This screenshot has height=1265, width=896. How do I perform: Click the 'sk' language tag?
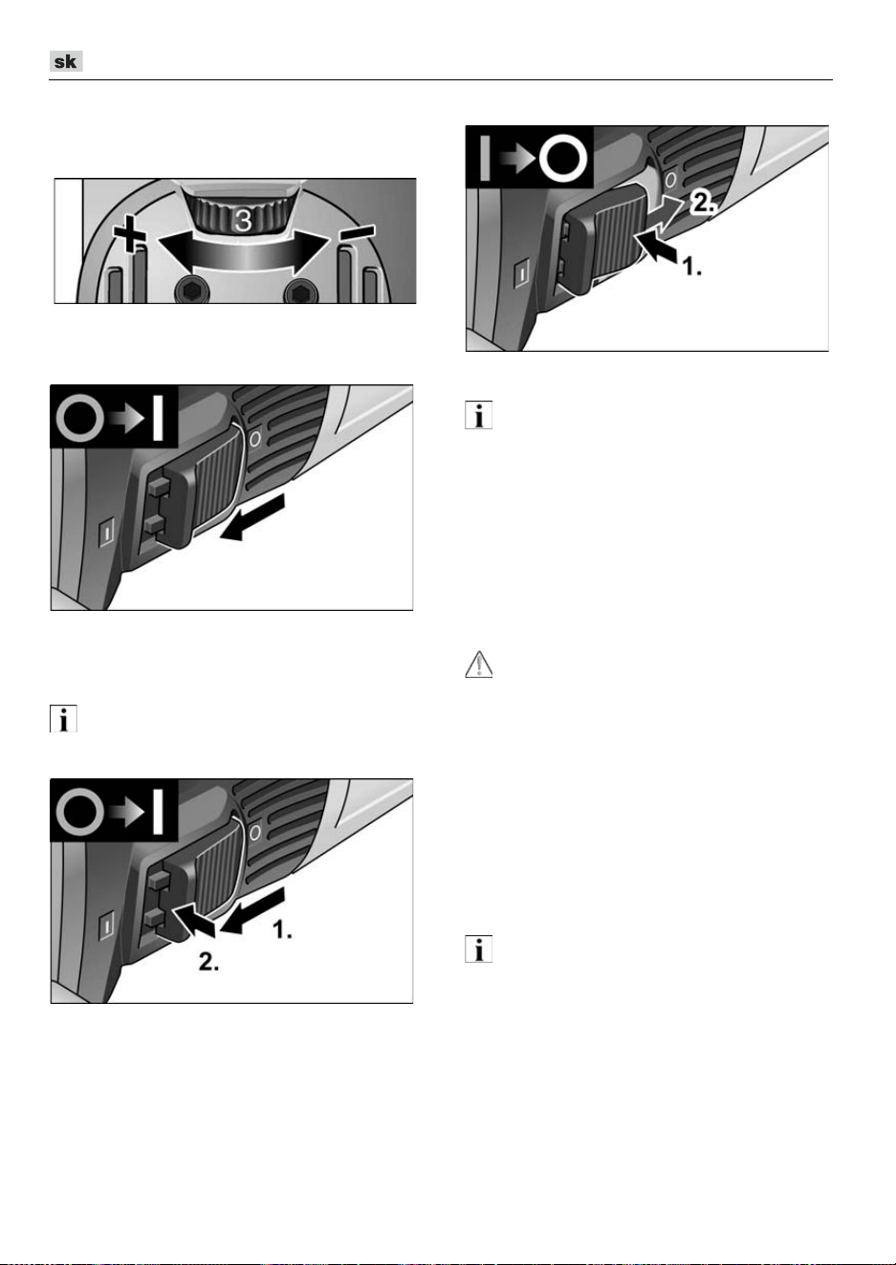point(66,61)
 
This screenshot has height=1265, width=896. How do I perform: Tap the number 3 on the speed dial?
point(243,220)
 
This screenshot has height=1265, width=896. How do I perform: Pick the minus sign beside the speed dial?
point(357,232)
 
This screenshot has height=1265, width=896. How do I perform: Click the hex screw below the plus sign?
point(192,292)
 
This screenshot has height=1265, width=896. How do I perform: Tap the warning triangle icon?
point(478,665)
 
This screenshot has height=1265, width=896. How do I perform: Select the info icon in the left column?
point(63,719)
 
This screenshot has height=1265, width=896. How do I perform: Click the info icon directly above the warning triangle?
point(478,415)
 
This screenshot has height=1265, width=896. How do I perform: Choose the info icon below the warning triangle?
point(478,949)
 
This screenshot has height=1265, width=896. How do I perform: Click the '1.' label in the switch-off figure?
point(691,266)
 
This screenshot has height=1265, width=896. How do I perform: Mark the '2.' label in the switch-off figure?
point(703,202)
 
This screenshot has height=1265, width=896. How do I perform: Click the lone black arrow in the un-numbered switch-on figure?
point(252,517)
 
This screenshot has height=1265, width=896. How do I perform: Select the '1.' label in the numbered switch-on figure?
point(282,929)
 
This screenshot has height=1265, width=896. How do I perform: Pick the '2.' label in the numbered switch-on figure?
point(208,961)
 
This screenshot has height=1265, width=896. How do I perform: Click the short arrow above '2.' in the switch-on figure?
point(192,921)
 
